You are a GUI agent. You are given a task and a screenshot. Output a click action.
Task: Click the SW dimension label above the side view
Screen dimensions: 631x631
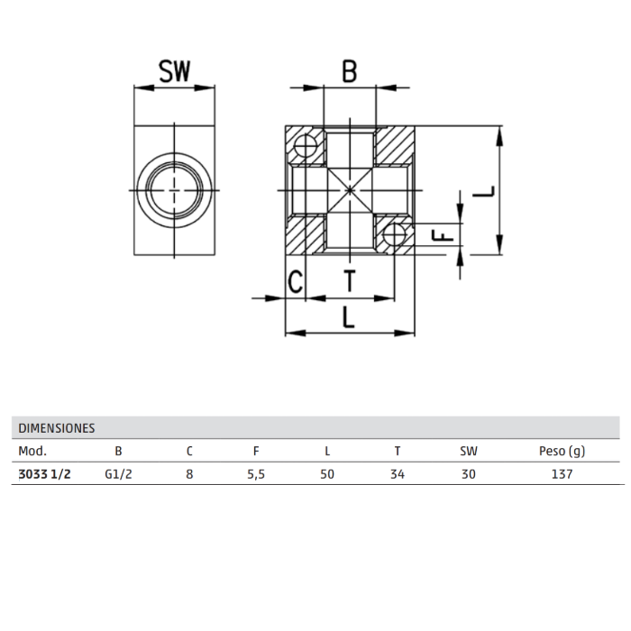[x=174, y=71]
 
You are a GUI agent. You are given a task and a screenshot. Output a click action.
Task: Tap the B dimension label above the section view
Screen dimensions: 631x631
[x=350, y=71]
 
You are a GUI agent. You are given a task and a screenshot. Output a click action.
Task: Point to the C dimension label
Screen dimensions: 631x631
[x=296, y=281]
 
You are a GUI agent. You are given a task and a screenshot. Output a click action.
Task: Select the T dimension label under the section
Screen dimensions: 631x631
[x=350, y=281]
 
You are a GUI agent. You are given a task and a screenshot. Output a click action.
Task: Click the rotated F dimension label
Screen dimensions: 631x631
[x=443, y=235]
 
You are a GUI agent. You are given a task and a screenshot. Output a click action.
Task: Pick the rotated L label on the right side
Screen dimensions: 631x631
[x=483, y=191]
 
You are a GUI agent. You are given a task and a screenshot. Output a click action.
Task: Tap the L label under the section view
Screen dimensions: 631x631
[x=349, y=316]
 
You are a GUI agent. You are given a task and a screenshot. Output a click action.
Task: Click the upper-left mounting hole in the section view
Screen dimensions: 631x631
[x=306, y=145]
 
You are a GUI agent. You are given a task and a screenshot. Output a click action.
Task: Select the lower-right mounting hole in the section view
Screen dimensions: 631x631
[x=394, y=233]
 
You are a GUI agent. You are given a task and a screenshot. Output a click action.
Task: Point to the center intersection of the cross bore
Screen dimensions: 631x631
[x=350, y=190]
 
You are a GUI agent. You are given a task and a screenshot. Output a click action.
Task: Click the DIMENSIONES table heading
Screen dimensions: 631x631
[x=57, y=428]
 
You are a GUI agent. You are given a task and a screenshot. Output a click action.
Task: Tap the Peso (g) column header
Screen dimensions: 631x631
[x=562, y=451]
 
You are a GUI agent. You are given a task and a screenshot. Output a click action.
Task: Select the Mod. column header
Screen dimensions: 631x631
[x=32, y=451]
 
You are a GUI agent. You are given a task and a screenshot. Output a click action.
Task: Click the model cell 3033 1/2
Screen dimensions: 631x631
[x=45, y=474]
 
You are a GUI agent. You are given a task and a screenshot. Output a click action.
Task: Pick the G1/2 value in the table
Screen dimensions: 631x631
[x=118, y=474]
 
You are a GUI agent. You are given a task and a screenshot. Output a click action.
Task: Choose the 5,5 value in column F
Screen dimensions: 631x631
[x=256, y=474]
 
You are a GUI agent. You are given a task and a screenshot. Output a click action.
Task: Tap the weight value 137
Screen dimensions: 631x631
[x=562, y=474]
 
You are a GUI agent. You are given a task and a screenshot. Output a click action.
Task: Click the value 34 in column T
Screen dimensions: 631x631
[x=398, y=474]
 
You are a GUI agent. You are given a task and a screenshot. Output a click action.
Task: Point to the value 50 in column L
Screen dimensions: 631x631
[x=327, y=474]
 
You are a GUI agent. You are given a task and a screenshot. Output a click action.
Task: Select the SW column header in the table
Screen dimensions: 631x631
[x=469, y=451]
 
